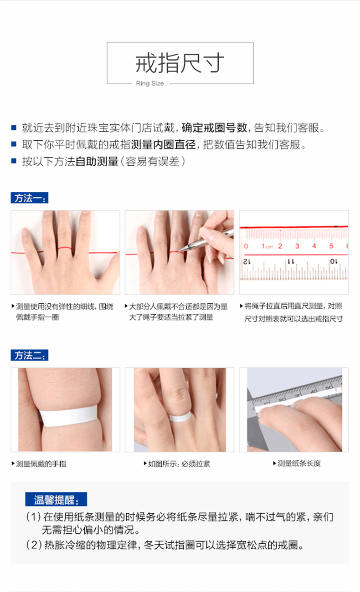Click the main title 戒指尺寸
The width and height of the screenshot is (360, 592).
click(x=180, y=63)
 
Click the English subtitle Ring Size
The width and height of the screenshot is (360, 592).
click(x=150, y=83)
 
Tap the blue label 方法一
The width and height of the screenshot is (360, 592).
click(x=29, y=198)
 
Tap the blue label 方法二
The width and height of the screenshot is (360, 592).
click(x=29, y=355)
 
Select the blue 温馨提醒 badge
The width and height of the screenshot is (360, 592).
click(x=56, y=499)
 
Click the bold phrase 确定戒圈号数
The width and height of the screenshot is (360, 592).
click(x=214, y=128)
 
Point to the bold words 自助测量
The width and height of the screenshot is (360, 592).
click(x=97, y=162)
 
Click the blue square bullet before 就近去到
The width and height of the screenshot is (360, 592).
click(x=14, y=128)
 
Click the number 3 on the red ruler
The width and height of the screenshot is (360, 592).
click(x=297, y=246)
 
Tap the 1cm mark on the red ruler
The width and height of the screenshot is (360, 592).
click(x=267, y=246)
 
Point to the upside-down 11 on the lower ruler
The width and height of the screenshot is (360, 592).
click(x=291, y=262)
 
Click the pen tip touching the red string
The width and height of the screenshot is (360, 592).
click(x=180, y=250)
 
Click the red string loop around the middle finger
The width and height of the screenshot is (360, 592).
click(x=65, y=249)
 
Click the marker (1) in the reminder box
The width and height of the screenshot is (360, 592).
click(x=33, y=517)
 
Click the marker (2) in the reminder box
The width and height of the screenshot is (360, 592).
click(x=34, y=545)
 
